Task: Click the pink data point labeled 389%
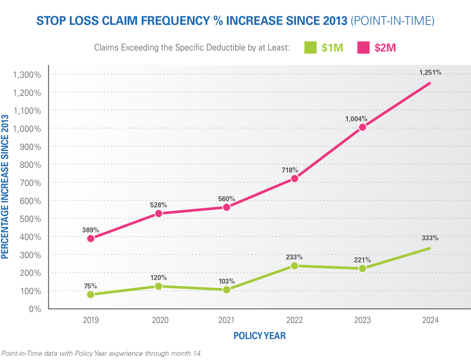[x=90, y=238]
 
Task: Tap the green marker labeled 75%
[x=90, y=294]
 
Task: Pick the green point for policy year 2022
[x=294, y=265]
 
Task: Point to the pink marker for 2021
[x=226, y=207]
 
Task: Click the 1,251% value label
[x=430, y=72]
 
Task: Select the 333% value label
[x=430, y=238]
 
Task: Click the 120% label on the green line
[x=158, y=277]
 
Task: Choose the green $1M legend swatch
[x=310, y=47]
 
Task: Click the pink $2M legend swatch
[x=364, y=47]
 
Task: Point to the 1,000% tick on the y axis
[x=28, y=129]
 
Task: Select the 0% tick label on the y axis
[x=35, y=309]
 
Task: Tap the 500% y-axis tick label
[x=31, y=219]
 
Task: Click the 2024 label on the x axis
[x=430, y=320]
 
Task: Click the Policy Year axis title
[x=259, y=336]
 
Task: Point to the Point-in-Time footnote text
[x=101, y=353]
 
